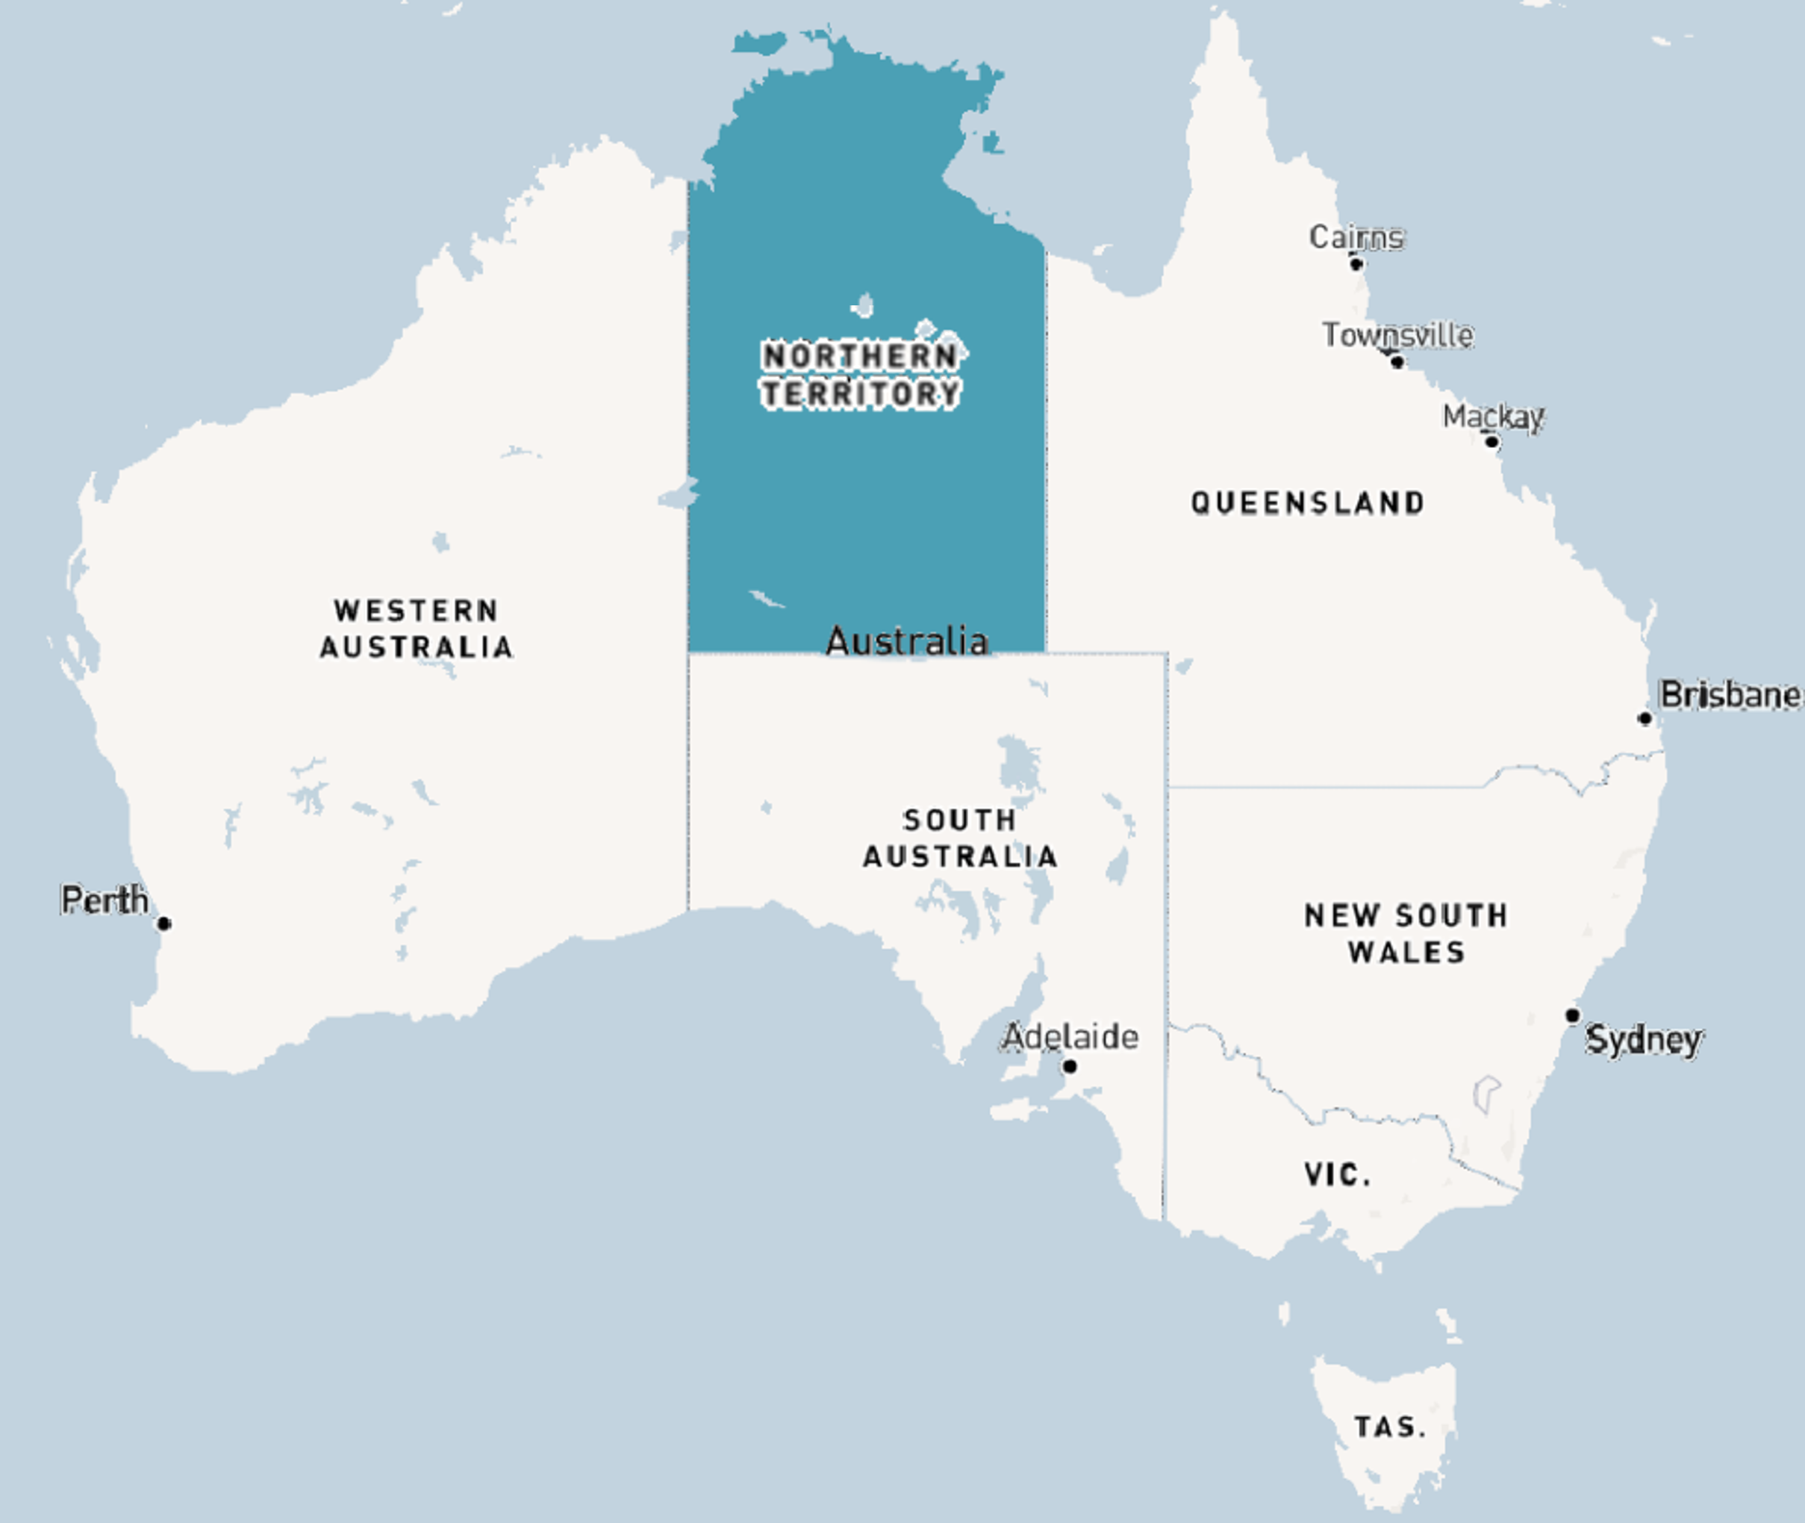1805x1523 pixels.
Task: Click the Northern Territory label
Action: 861,375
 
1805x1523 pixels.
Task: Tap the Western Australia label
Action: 416,629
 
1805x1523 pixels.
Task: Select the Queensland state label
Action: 1308,502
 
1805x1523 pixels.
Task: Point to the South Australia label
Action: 960,838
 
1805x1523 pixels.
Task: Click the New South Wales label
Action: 1406,933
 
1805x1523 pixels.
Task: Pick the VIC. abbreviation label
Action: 1337,1174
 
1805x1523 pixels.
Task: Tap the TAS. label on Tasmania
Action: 1390,1426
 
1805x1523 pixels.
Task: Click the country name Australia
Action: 906,641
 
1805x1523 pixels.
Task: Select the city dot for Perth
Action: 164,924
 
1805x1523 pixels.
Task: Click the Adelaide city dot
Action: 1070,1066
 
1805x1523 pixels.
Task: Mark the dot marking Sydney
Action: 1573,1015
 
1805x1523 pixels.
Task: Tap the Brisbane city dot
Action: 1645,718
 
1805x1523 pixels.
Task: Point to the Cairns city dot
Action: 1356,264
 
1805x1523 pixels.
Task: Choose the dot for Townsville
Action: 1397,362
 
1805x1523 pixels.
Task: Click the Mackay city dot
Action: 1491,442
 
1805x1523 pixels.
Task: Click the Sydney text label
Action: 1644,1038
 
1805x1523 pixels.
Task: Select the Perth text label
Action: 105,900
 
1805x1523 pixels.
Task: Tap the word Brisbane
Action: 1730,694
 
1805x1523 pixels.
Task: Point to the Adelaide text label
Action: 1070,1036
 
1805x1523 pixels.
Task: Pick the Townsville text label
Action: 1397,334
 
